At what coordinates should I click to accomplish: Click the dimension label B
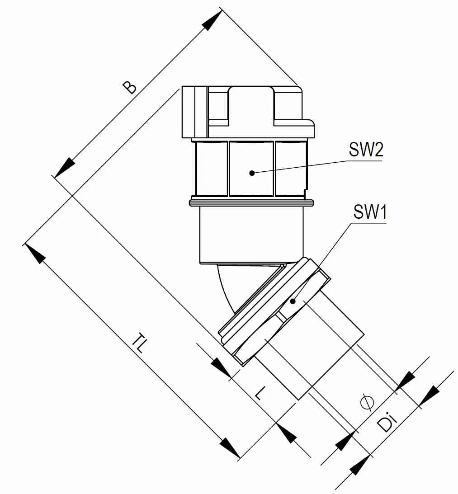point(130,88)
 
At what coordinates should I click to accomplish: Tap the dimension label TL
point(139,343)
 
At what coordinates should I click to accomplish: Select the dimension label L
point(261,393)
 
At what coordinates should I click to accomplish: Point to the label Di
point(387,422)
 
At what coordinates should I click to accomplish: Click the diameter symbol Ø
point(367,402)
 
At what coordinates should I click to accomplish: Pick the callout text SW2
point(366,149)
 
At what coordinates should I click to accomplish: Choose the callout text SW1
point(370,212)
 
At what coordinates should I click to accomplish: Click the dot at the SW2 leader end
point(251,173)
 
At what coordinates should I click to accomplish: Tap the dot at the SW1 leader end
point(293,301)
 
